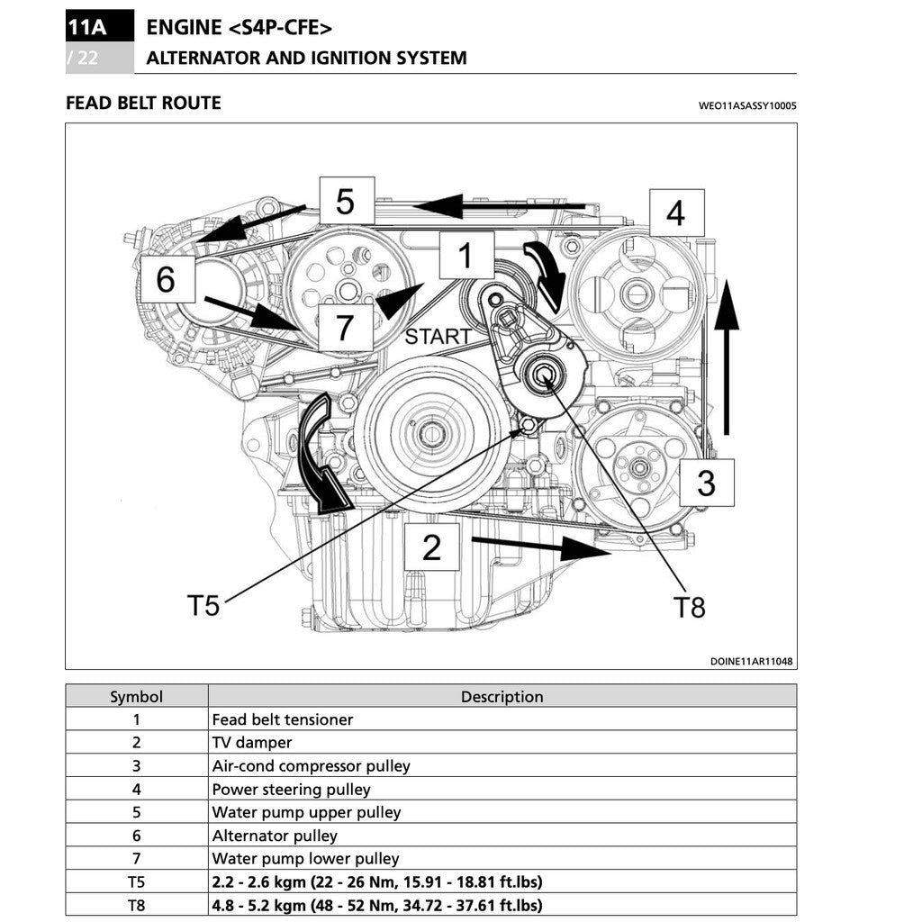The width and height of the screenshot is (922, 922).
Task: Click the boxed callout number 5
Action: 347,201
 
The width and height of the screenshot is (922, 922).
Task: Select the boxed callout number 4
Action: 674,213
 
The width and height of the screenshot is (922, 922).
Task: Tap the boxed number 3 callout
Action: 706,483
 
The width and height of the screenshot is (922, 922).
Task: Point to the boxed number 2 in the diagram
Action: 431,547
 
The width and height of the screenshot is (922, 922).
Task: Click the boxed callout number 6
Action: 166,279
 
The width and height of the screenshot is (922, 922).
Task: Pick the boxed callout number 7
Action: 344,327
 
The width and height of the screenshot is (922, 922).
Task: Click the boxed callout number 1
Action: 466,255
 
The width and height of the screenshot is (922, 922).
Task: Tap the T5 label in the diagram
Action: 203,605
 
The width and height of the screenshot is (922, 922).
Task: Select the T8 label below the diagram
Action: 690,608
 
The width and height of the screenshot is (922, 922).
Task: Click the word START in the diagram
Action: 438,338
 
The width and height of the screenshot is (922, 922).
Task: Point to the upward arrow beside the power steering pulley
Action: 727,356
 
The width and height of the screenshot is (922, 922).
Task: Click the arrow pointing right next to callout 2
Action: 540,545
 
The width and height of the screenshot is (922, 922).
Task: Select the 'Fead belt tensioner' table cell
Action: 283,719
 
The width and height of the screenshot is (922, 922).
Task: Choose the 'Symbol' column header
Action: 136,696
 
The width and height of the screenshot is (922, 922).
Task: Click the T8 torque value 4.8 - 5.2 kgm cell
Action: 376,905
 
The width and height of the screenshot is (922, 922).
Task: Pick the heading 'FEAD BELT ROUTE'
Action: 143,103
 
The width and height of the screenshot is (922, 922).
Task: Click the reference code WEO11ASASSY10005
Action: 747,105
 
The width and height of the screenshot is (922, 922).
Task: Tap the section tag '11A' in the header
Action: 86,27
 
